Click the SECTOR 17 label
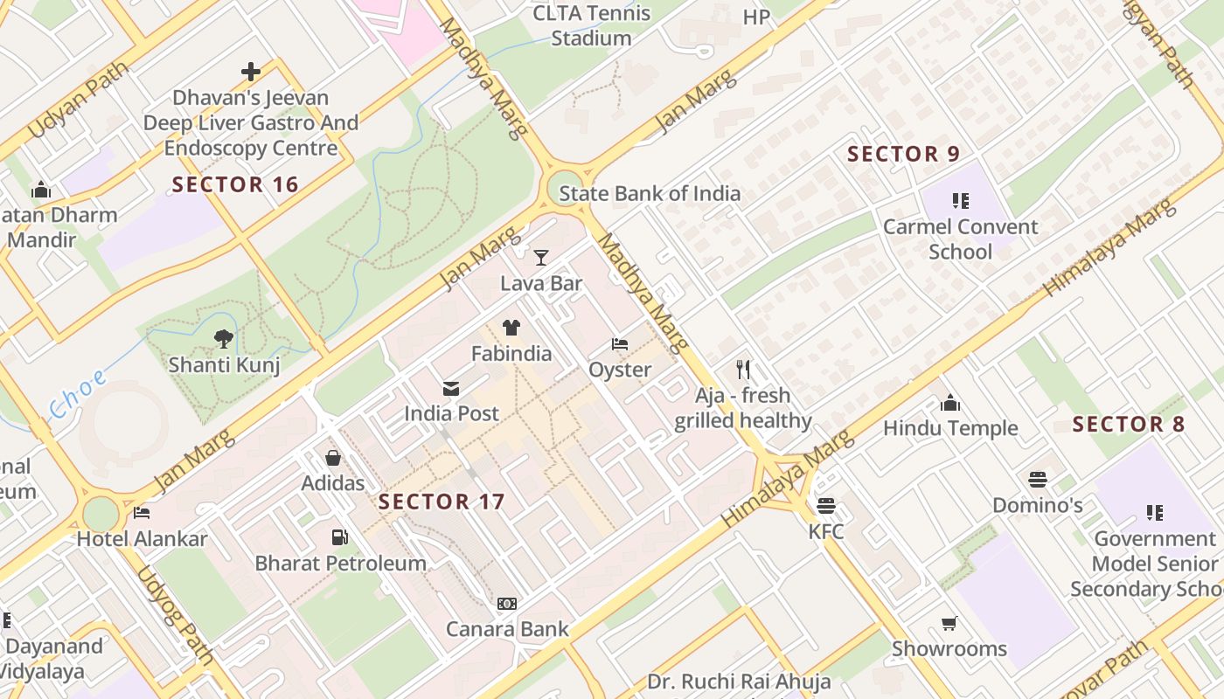point(442,502)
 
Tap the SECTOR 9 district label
point(903,155)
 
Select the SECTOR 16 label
point(235,184)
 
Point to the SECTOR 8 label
point(1128,425)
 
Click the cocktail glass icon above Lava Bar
point(541,257)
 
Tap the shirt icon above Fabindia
point(511,328)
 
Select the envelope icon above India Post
point(451,389)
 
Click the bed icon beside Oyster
point(620,344)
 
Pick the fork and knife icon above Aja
point(743,369)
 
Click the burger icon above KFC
point(825,505)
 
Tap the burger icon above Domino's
point(1038,479)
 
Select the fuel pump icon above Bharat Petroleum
point(339,537)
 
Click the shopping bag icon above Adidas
point(333,457)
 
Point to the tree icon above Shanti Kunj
point(224,338)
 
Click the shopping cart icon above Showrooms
point(949,623)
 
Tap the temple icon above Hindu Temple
point(950,402)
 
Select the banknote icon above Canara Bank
point(507,603)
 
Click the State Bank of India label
point(650,194)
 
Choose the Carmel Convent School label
point(960,239)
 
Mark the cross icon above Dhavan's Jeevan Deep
point(251,72)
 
